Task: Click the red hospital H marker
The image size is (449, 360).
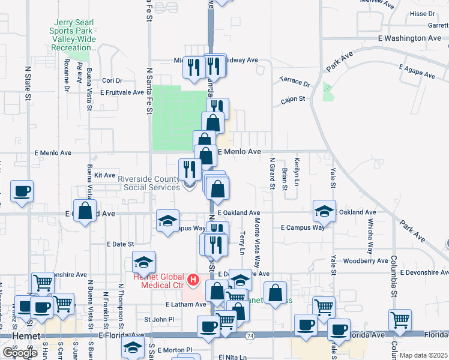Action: click(x=193, y=280)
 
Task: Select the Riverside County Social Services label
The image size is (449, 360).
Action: click(x=148, y=183)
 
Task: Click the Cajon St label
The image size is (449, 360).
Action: click(x=293, y=99)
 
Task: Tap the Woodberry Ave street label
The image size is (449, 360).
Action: click(x=367, y=261)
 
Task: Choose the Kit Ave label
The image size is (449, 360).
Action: click(x=104, y=175)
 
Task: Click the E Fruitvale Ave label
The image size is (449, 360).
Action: click(x=123, y=93)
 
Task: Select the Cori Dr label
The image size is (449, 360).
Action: click(x=112, y=80)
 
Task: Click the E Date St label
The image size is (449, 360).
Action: click(x=120, y=244)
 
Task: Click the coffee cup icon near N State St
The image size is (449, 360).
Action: click(x=22, y=192)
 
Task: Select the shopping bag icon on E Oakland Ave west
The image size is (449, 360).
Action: click(x=85, y=211)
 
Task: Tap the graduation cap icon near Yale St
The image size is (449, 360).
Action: click(x=324, y=211)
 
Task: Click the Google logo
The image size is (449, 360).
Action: click(x=20, y=353)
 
